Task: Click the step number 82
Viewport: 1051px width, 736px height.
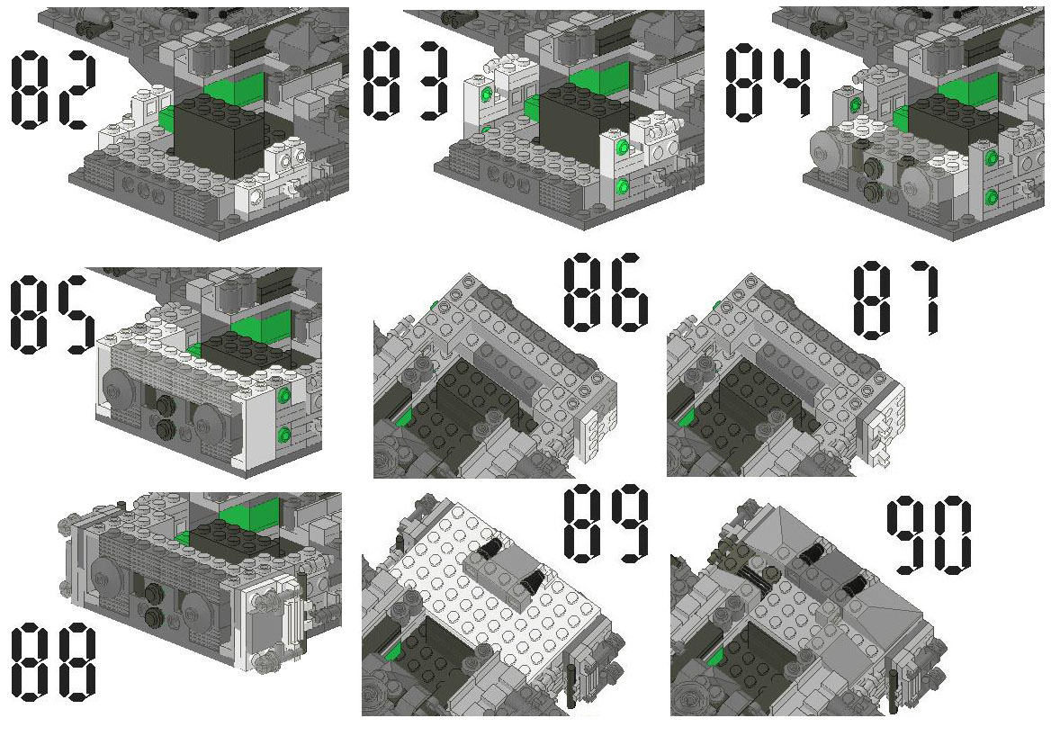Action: pos(54,91)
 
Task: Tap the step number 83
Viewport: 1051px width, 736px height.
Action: pos(406,81)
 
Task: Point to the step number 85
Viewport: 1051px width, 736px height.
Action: pos(52,314)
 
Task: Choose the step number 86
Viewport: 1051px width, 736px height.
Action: pos(606,293)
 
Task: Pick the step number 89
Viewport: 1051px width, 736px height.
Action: pos(606,524)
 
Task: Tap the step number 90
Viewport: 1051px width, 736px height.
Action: pos(930,535)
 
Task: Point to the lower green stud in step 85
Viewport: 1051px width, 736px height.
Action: pos(285,435)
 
